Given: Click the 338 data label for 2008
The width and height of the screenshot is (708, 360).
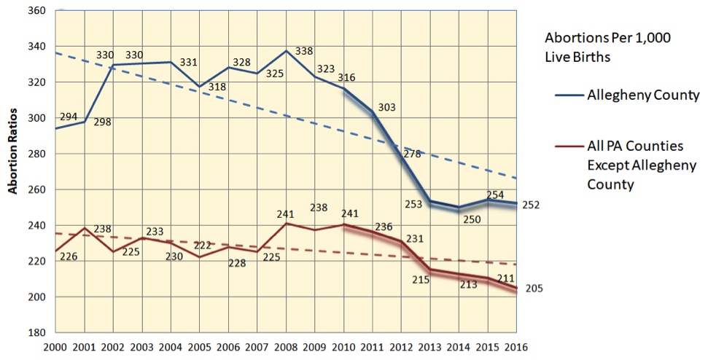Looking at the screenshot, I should click(303, 52).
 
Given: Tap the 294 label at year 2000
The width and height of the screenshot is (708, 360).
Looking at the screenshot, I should click(69, 116).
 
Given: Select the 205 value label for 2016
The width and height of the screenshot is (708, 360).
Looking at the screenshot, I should click(534, 289).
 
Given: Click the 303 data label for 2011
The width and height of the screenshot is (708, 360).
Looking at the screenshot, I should click(387, 107).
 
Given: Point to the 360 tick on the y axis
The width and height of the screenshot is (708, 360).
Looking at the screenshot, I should click(36, 11).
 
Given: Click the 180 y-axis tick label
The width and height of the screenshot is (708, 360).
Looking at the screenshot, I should click(36, 332).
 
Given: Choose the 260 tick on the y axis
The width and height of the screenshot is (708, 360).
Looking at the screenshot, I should click(36, 189).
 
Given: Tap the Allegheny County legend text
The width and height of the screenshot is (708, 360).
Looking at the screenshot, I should click(644, 95).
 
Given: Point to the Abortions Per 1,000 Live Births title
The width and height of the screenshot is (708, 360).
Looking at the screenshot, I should click(607, 47).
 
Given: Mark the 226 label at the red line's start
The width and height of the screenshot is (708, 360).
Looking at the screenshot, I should click(69, 256).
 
